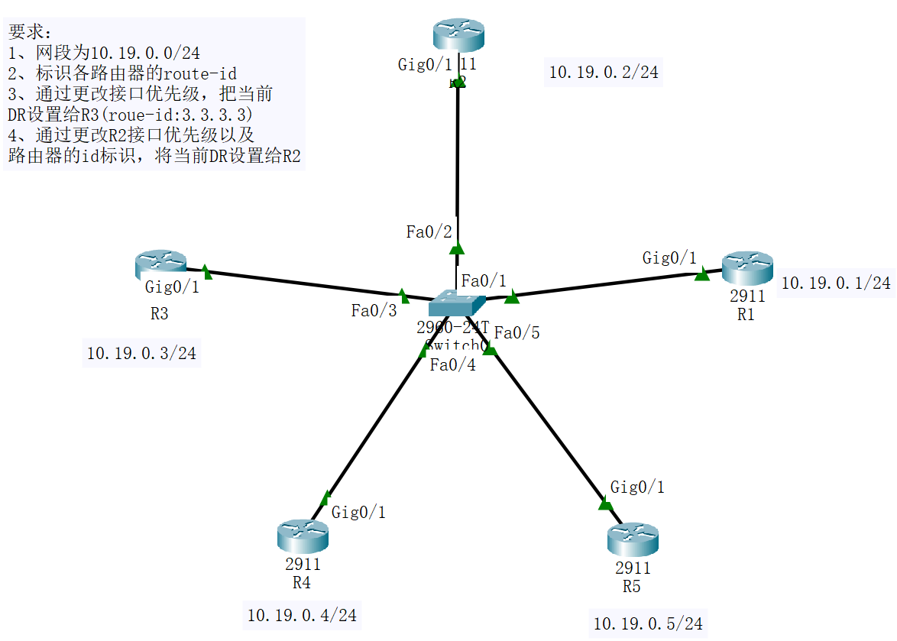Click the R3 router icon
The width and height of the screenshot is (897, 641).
point(160,264)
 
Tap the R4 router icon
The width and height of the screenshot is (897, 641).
point(303,536)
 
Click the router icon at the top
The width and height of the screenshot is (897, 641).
point(458,35)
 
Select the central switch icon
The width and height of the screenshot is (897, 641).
point(457,303)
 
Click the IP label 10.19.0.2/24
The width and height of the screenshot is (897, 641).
point(604,73)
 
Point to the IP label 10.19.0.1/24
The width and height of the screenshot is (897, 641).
point(836,283)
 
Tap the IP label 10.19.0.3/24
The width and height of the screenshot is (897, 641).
point(141,353)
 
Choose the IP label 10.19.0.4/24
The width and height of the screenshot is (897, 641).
point(302,614)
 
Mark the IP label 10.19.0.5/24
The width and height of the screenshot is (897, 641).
point(648,623)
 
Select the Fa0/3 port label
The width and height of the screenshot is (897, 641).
point(374,310)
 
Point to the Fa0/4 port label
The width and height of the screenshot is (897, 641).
point(452,365)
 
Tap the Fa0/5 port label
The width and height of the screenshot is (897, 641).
point(517,332)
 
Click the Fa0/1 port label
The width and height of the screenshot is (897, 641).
point(484,280)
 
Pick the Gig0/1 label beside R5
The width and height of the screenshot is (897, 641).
point(637,487)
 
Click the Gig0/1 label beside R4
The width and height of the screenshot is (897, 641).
point(358,512)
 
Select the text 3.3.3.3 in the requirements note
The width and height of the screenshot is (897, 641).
point(218,115)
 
